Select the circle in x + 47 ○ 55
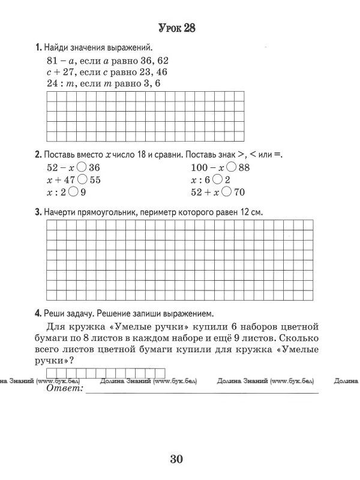[83, 180]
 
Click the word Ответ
[64, 389]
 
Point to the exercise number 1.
[38, 47]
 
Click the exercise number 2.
[38, 154]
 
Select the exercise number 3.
[38, 212]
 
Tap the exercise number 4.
[38, 313]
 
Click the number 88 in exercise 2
[244, 168]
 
